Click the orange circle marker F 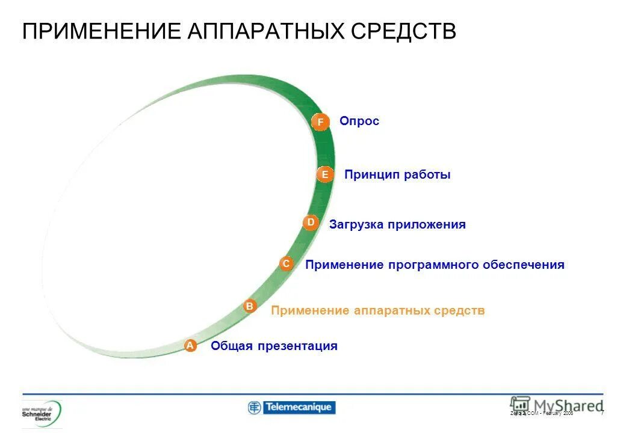[x=320, y=122]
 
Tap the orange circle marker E [x=325, y=174]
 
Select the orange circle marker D [x=311, y=223]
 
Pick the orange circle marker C [x=287, y=263]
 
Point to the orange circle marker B [x=250, y=306]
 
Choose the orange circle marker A [x=190, y=345]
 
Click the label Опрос [x=359, y=121]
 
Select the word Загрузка [x=356, y=225]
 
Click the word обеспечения [x=523, y=265]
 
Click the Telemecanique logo [x=291, y=408]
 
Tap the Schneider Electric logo [x=42, y=413]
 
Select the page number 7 [x=602, y=413]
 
